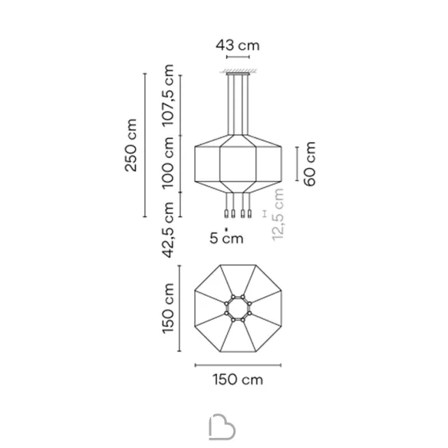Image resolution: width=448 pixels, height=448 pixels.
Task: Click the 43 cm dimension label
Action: point(238,45)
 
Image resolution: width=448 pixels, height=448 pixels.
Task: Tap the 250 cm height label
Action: point(131,145)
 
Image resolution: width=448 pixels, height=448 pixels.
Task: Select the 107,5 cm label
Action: point(168,95)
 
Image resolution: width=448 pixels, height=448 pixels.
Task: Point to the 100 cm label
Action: point(168,163)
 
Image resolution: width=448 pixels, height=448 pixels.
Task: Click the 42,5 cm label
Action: point(168,229)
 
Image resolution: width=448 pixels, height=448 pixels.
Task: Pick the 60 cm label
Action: point(310,163)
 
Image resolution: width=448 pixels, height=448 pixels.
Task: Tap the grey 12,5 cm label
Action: point(278,215)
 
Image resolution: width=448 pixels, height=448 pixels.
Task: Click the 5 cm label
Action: point(226,238)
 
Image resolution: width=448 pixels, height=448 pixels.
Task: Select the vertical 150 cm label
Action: point(168,308)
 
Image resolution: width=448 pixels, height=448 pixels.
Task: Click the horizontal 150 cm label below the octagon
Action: point(238,380)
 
